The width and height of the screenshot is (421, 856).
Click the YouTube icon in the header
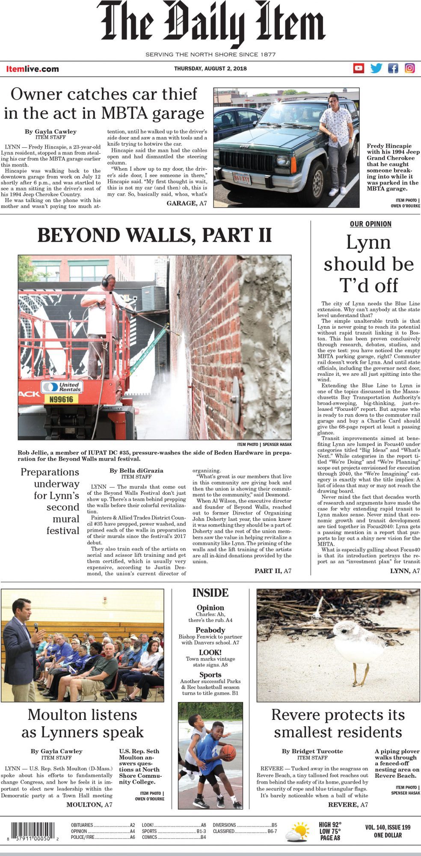click(359, 68)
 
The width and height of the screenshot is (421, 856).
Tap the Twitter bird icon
click(376, 68)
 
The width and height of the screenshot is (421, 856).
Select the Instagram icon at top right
click(409, 68)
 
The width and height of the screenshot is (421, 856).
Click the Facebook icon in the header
click(393, 68)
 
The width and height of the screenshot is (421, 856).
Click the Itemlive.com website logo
click(33, 69)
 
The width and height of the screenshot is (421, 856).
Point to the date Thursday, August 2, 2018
click(210, 68)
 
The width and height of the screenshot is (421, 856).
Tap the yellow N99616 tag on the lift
click(61, 399)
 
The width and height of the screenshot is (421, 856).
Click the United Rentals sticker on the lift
click(62, 387)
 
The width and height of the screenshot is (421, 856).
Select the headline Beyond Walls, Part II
click(154, 235)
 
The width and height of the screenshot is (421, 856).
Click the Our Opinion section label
click(371, 224)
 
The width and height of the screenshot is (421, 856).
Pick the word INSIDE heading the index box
click(210, 593)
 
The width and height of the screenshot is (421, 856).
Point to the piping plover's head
click(344, 630)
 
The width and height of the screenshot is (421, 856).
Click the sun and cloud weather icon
click(297, 832)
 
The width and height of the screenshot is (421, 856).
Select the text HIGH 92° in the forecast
click(330, 825)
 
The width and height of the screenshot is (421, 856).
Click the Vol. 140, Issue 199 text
click(388, 827)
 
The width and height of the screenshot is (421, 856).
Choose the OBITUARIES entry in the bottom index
click(82, 825)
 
